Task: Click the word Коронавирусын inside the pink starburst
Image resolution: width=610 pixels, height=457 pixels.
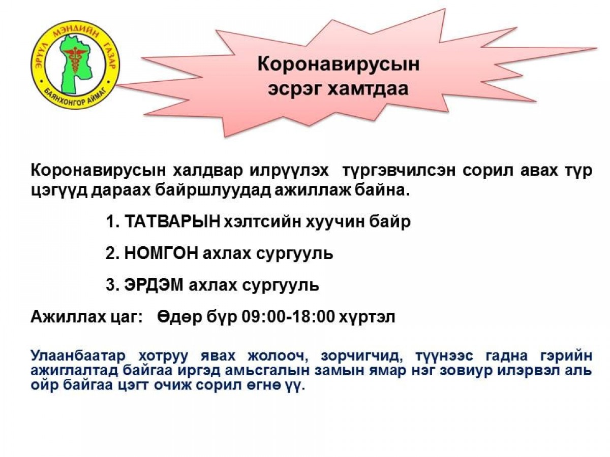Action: (338, 65)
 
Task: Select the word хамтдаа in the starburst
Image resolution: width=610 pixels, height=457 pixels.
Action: (368, 89)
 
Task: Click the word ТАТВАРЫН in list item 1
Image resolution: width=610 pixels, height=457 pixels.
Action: (172, 222)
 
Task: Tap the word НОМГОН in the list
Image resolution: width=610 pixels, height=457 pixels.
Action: (161, 253)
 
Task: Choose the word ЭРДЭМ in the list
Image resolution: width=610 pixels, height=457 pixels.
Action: (154, 285)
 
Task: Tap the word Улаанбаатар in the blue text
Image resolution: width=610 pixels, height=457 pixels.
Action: (78, 356)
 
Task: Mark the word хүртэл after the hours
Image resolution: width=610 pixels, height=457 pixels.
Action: (367, 318)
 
